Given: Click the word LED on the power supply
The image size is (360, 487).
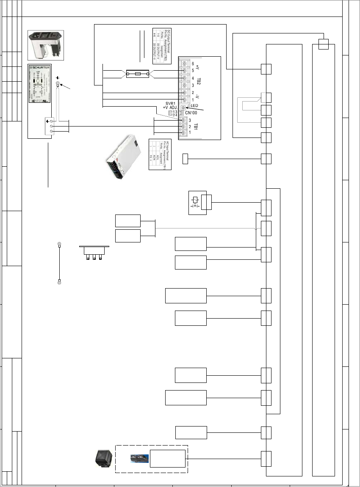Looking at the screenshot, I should (195, 105).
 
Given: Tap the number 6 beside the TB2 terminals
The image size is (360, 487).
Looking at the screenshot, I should (193, 63).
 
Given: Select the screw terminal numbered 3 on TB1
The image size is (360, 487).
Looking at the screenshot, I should (183, 120).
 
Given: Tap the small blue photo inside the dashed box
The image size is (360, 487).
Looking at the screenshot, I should (139, 458).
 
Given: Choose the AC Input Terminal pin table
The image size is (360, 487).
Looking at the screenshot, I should (159, 154).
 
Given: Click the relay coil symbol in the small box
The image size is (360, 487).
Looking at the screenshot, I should (195, 200).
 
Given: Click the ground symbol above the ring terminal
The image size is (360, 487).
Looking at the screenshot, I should (58, 78).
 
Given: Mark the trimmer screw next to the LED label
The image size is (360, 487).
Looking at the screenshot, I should (183, 108).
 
